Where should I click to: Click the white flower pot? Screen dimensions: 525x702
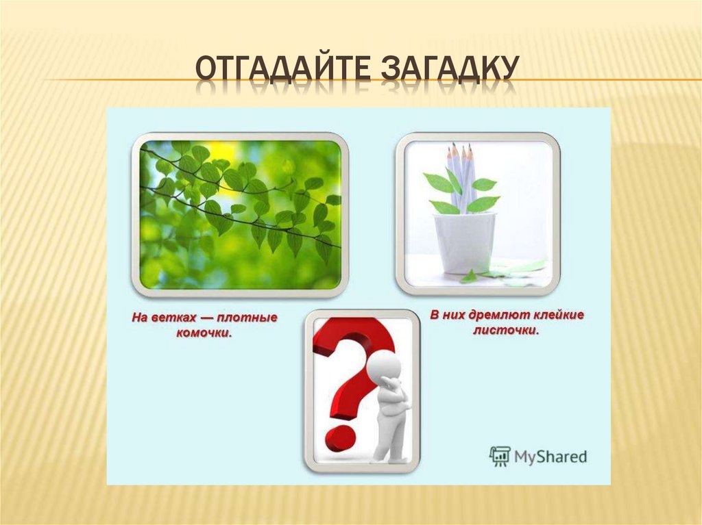(x=464, y=242)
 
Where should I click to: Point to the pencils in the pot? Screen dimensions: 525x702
(x=461, y=171)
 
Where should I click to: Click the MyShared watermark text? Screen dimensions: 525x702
(x=550, y=456)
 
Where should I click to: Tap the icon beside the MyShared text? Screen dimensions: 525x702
(x=500, y=456)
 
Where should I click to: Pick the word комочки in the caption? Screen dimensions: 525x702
(x=206, y=333)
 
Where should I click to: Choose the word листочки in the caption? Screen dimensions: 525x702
(x=506, y=331)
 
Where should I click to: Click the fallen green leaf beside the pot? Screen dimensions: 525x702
(x=470, y=277)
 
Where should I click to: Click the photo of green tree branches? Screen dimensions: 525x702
(x=240, y=214)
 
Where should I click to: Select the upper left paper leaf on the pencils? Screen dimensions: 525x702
(x=437, y=183)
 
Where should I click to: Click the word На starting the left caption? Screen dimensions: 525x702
(x=140, y=318)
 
